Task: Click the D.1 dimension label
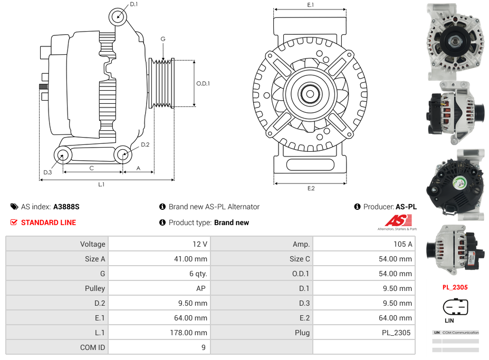pos(133,4)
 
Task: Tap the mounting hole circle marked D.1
pos(118,17)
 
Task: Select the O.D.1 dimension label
pos(203,83)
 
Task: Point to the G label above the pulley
pos(163,40)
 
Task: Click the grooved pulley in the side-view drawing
pos(162,83)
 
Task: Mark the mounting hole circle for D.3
pos(63,155)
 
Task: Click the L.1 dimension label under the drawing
pos(101,184)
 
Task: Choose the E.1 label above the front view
pos(311,5)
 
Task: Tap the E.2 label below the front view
pos(311,188)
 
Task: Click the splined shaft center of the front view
pos(310,94)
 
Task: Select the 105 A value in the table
pos(404,244)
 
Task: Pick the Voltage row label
pos(93,244)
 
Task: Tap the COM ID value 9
pos(203,347)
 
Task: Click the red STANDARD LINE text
pos(49,222)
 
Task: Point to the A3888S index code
pos(66,207)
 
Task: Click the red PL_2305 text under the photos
pos(455,287)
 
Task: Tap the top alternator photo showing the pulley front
pos(455,41)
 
